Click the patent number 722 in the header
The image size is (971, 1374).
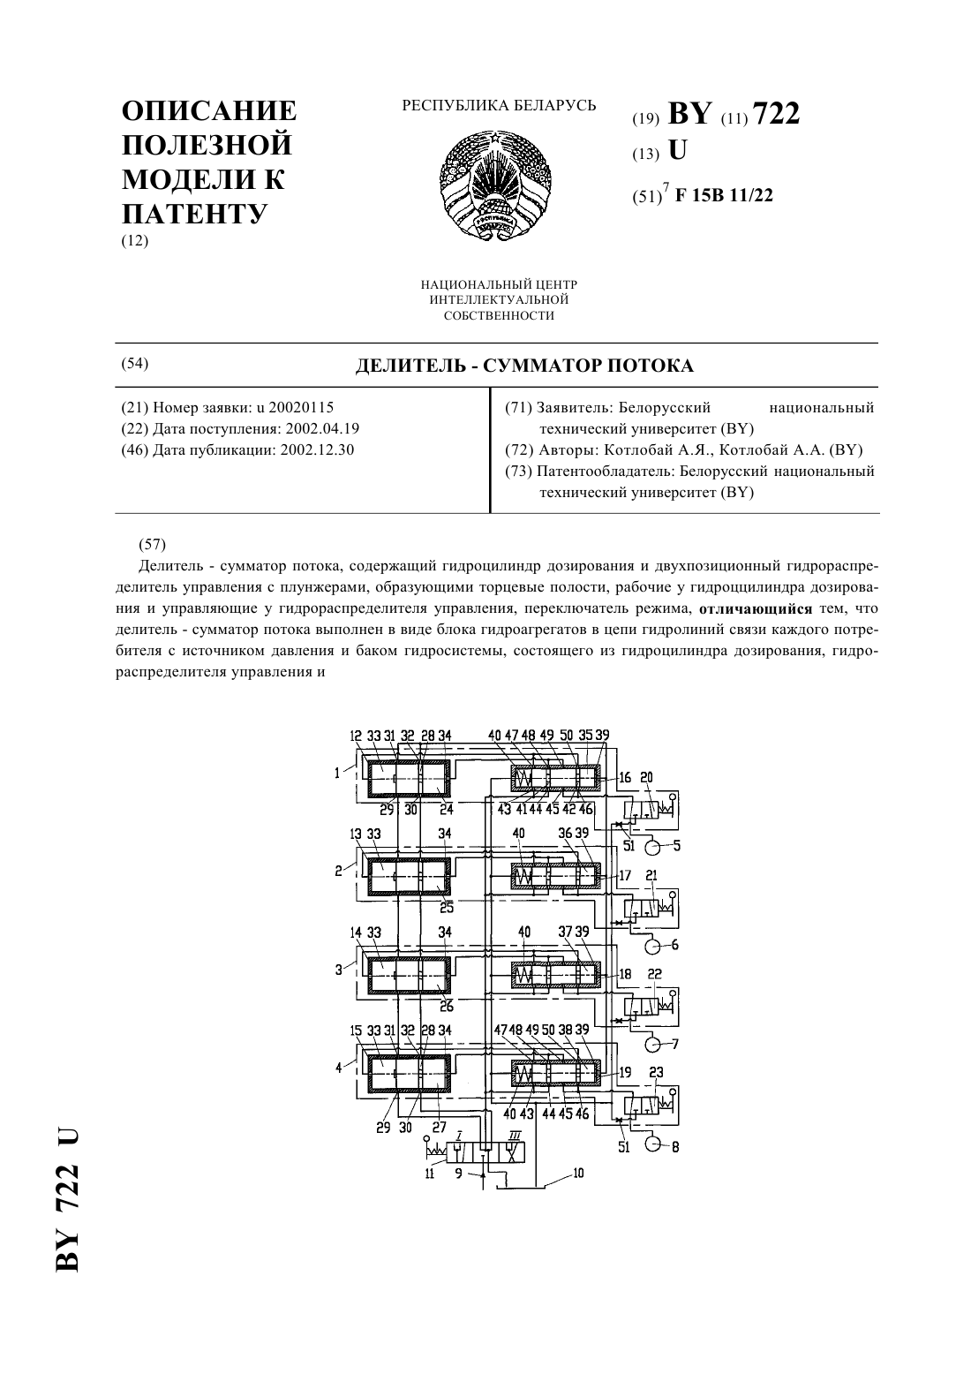pos(776,114)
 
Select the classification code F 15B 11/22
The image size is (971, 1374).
pos(724,195)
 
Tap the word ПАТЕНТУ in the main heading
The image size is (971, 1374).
pos(194,214)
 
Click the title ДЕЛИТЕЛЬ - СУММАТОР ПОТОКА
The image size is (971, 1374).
pos(524,366)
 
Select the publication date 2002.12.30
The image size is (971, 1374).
pos(317,449)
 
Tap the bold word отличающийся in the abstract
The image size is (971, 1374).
pos(756,609)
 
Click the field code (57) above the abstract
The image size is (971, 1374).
pos(153,544)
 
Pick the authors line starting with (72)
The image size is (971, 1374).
pos(683,449)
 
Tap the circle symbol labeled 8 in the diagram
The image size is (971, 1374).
pos(652,1145)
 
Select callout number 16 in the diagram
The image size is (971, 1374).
pos(625,779)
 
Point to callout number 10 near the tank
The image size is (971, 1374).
pos(578,1173)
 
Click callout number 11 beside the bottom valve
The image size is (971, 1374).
pos(429,1174)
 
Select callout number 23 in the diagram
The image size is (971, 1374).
pos(657,1072)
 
